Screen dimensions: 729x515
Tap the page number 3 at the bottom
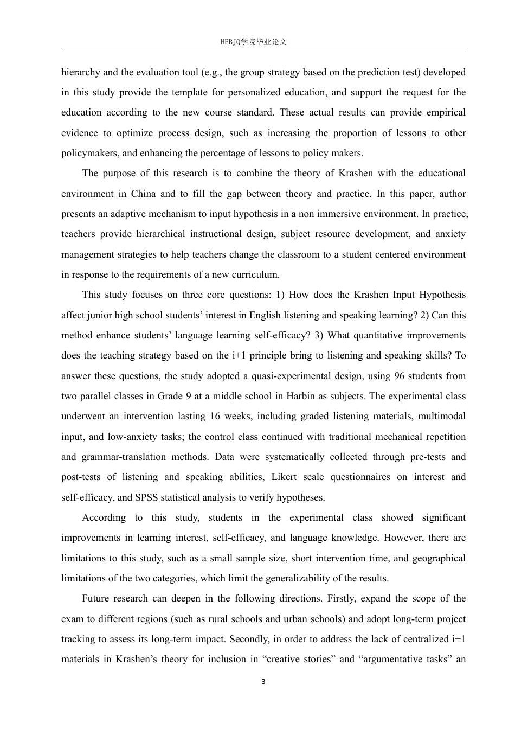(x=263, y=682)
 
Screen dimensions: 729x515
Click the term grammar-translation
(x=124, y=457)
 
